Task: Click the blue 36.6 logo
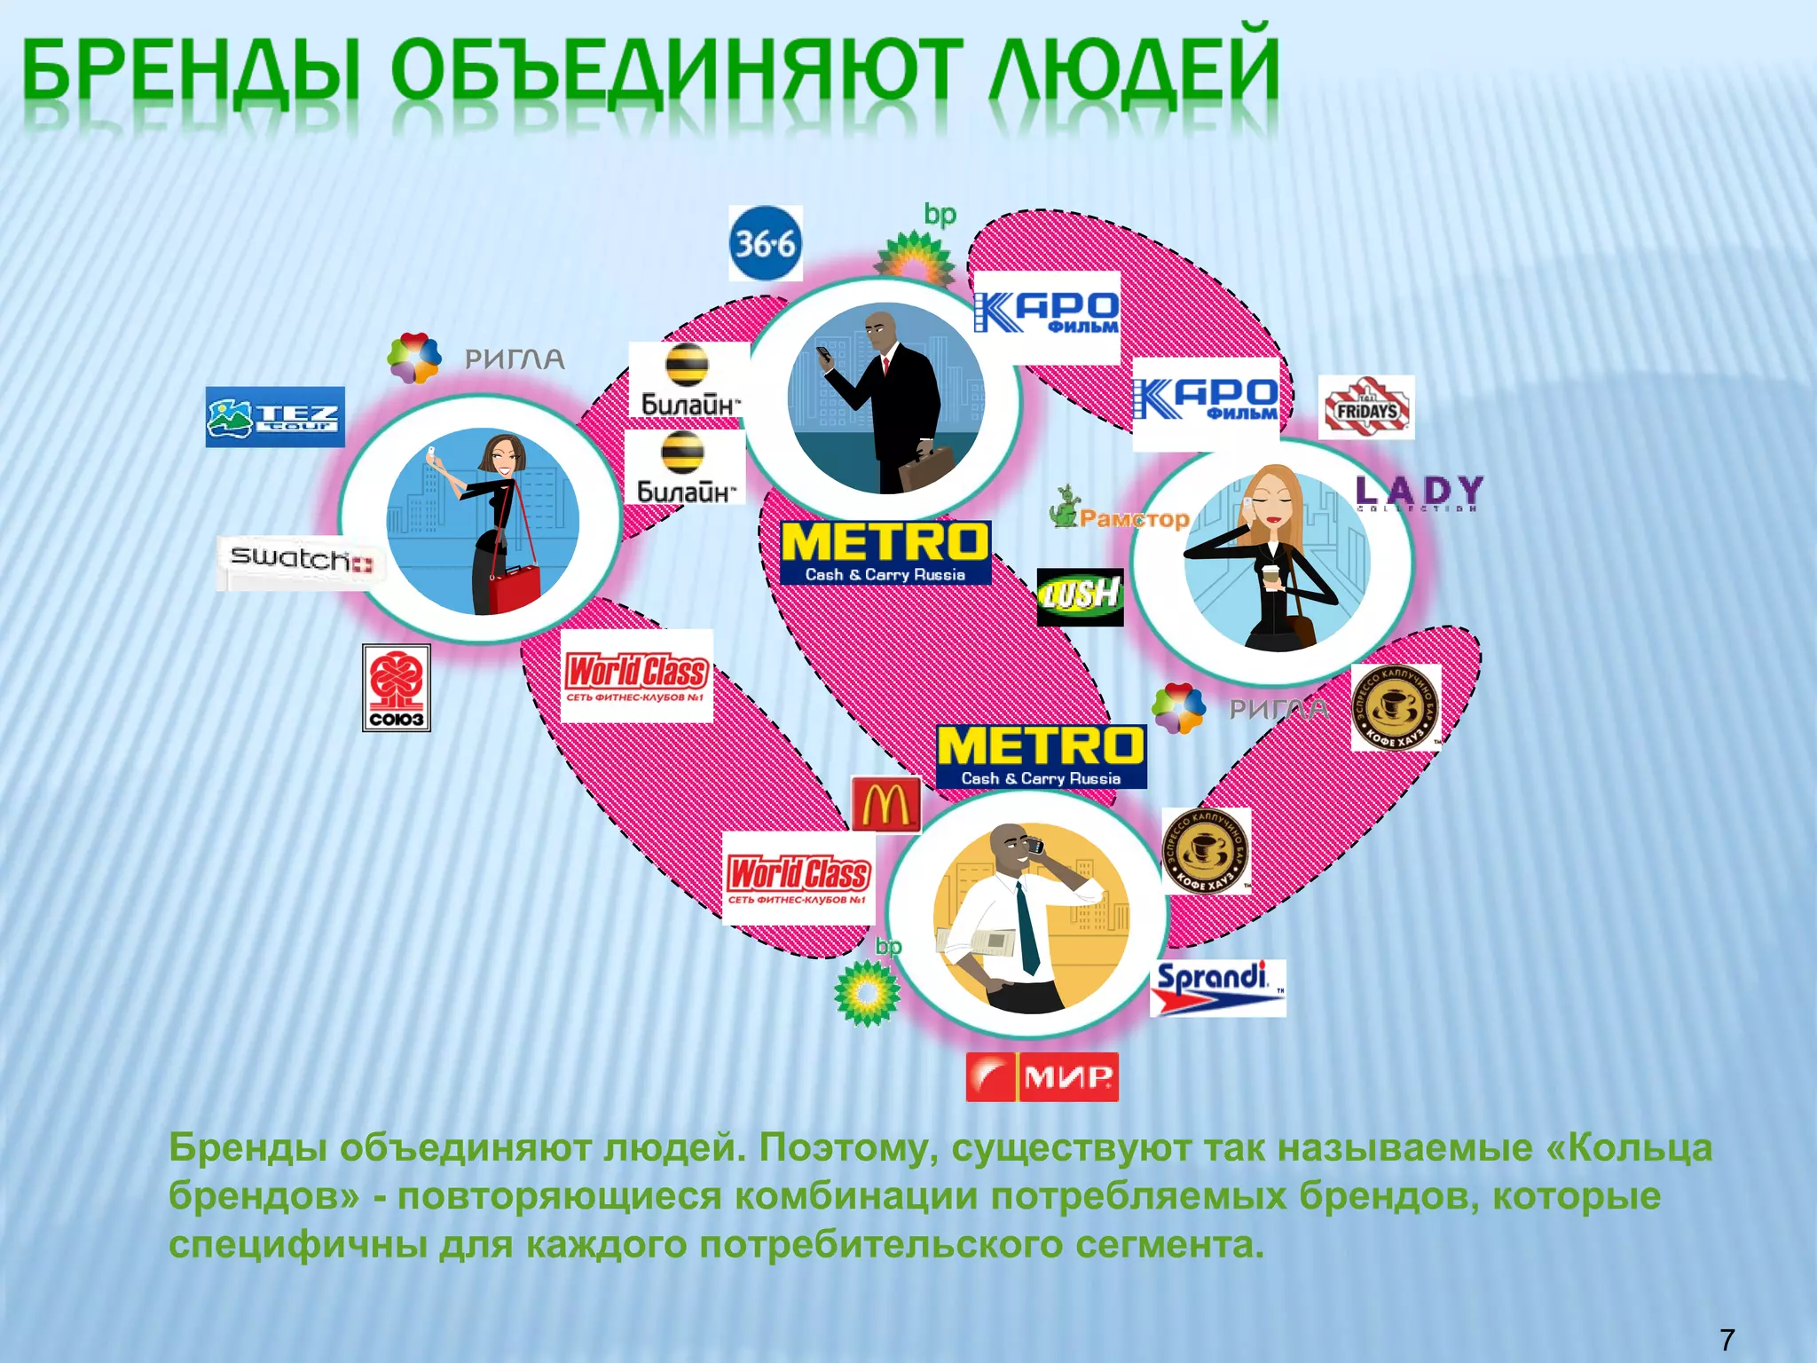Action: pos(765,243)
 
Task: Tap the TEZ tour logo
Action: pos(275,417)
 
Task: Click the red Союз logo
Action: pos(397,688)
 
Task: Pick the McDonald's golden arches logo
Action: pos(885,804)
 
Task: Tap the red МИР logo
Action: pos(1042,1076)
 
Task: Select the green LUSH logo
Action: pos(1080,596)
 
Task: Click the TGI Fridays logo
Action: pos(1365,408)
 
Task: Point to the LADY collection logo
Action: pos(1419,492)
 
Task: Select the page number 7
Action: pos(1727,1339)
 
